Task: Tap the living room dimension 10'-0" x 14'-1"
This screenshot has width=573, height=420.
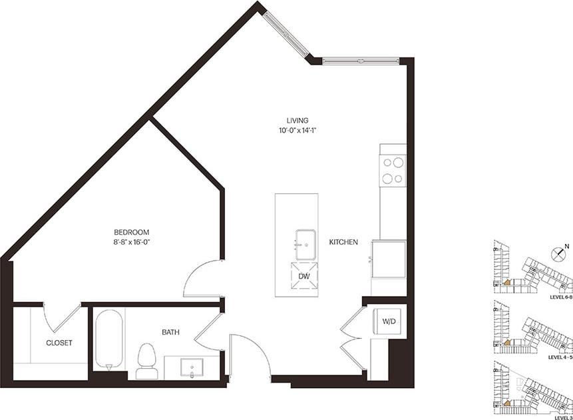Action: [297, 131]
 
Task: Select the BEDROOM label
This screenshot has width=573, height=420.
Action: [131, 232]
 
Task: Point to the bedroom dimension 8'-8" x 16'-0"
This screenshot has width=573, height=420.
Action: [131, 242]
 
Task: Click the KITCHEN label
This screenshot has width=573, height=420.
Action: [343, 242]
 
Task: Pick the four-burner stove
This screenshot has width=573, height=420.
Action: [393, 169]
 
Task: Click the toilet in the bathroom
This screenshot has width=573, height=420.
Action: [146, 359]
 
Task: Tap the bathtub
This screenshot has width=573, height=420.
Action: [109, 339]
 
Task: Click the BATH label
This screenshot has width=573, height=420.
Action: [168, 331]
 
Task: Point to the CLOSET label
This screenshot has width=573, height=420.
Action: [59, 343]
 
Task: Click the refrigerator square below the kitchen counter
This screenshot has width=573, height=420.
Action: [389, 259]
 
